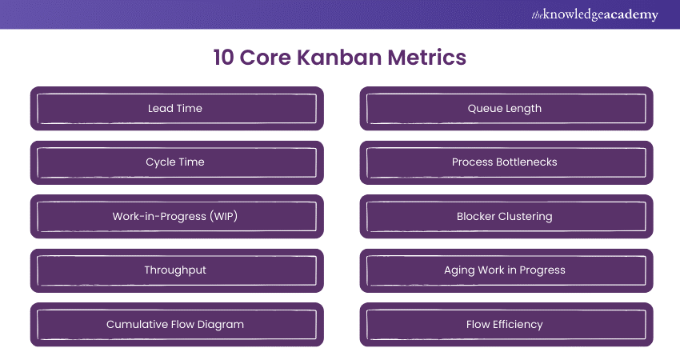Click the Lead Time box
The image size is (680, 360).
pyautogui.click(x=176, y=108)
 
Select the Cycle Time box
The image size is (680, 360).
pyautogui.click(x=176, y=162)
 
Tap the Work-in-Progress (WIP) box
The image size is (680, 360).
pyautogui.click(x=176, y=216)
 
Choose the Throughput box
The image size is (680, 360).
pyautogui.click(x=176, y=270)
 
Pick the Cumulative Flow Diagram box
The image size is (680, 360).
pyautogui.click(x=176, y=324)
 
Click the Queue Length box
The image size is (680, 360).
pyautogui.click(x=506, y=108)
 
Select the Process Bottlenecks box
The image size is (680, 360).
pyautogui.click(x=506, y=162)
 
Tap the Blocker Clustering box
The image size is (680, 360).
pyautogui.click(x=506, y=216)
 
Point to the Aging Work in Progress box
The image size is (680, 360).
pyautogui.click(x=506, y=270)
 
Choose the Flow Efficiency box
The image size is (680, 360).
pyautogui.click(x=506, y=324)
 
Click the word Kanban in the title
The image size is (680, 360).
pyautogui.click(x=345, y=58)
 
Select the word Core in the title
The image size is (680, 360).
pyautogui.click(x=273, y=58)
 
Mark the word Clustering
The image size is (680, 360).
pyautogui.click(x=524, y=216)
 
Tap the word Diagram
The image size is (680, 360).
pyautogui.click(x=221, y=324)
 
